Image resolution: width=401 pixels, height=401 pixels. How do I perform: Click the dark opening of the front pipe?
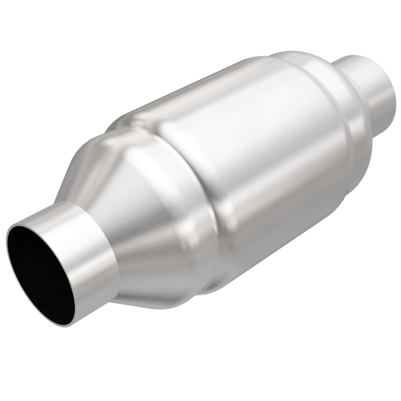point(43,271)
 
